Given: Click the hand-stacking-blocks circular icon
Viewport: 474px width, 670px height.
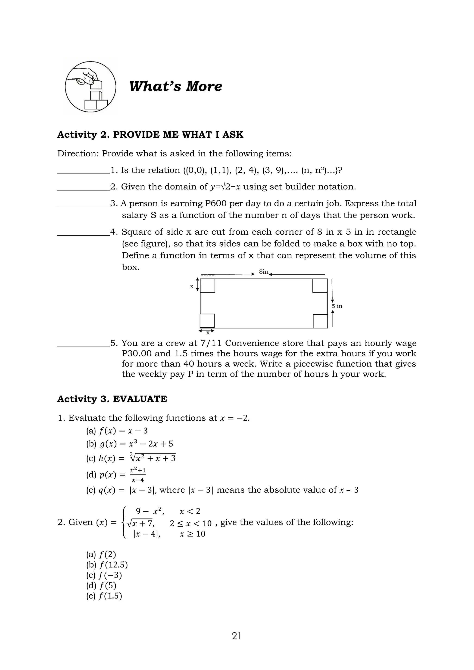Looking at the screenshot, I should [90, 87].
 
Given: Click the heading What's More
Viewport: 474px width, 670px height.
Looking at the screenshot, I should [175, 86].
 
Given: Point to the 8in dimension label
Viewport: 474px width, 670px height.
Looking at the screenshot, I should [264, 272].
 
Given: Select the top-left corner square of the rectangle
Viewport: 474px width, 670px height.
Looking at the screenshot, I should [208, 285].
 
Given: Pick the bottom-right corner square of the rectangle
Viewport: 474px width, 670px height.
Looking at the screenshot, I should [320, 321].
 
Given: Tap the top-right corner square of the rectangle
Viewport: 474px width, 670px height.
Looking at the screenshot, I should [320, 285].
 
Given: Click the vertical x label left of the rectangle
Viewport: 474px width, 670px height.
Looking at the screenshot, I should [192, 287].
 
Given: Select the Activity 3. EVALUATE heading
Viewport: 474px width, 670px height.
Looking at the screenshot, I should [112, 399].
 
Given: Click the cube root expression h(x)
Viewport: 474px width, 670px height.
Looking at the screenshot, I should [153, 458].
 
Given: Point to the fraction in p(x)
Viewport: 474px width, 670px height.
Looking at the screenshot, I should [138, 475].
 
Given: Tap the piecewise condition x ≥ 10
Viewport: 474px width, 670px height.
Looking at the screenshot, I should [192, 534].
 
